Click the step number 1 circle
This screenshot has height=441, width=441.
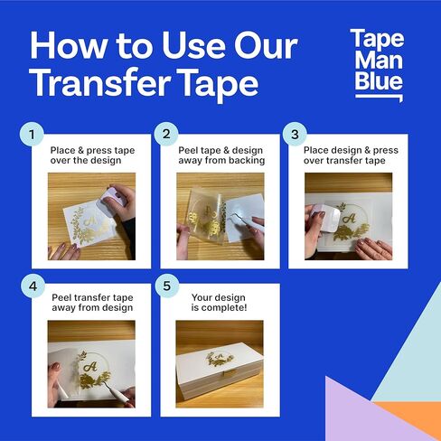click(x=33, y=136)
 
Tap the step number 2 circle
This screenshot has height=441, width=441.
click(x=165, y=136)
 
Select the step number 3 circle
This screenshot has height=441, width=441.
click(x=294, y=136)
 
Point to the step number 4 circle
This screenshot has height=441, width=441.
click(x=33, y=286)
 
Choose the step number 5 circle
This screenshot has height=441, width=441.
click(x=165, y=286)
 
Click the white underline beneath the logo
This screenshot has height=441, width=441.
click(x=378, y=97)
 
